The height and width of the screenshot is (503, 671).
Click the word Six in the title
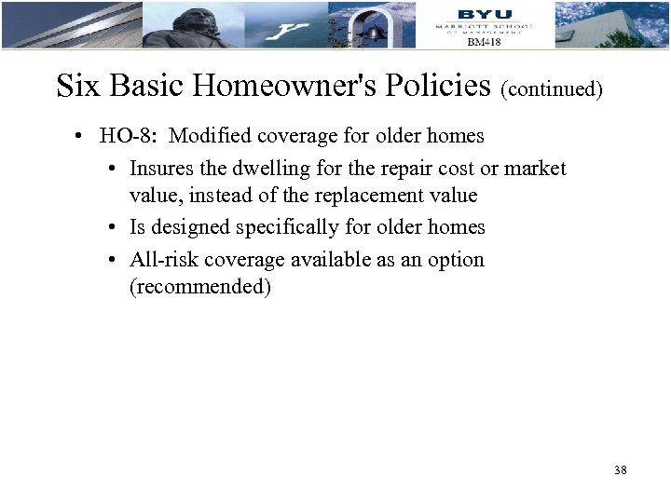78,86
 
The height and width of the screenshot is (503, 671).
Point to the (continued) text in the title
552,89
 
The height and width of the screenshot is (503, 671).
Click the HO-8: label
131,136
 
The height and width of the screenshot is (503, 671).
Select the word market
535,168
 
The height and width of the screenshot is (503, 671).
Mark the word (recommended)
200,287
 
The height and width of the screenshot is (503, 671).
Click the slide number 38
621,470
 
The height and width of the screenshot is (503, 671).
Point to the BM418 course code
484,42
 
